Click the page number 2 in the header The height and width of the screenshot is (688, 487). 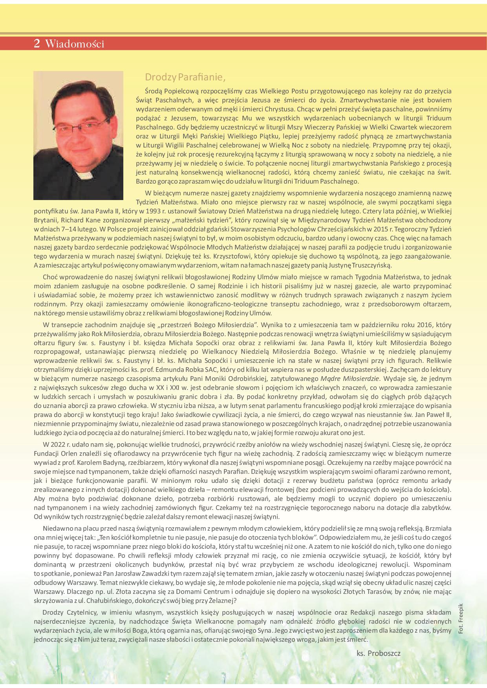point(37,44)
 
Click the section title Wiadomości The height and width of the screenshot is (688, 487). point(75,44)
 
